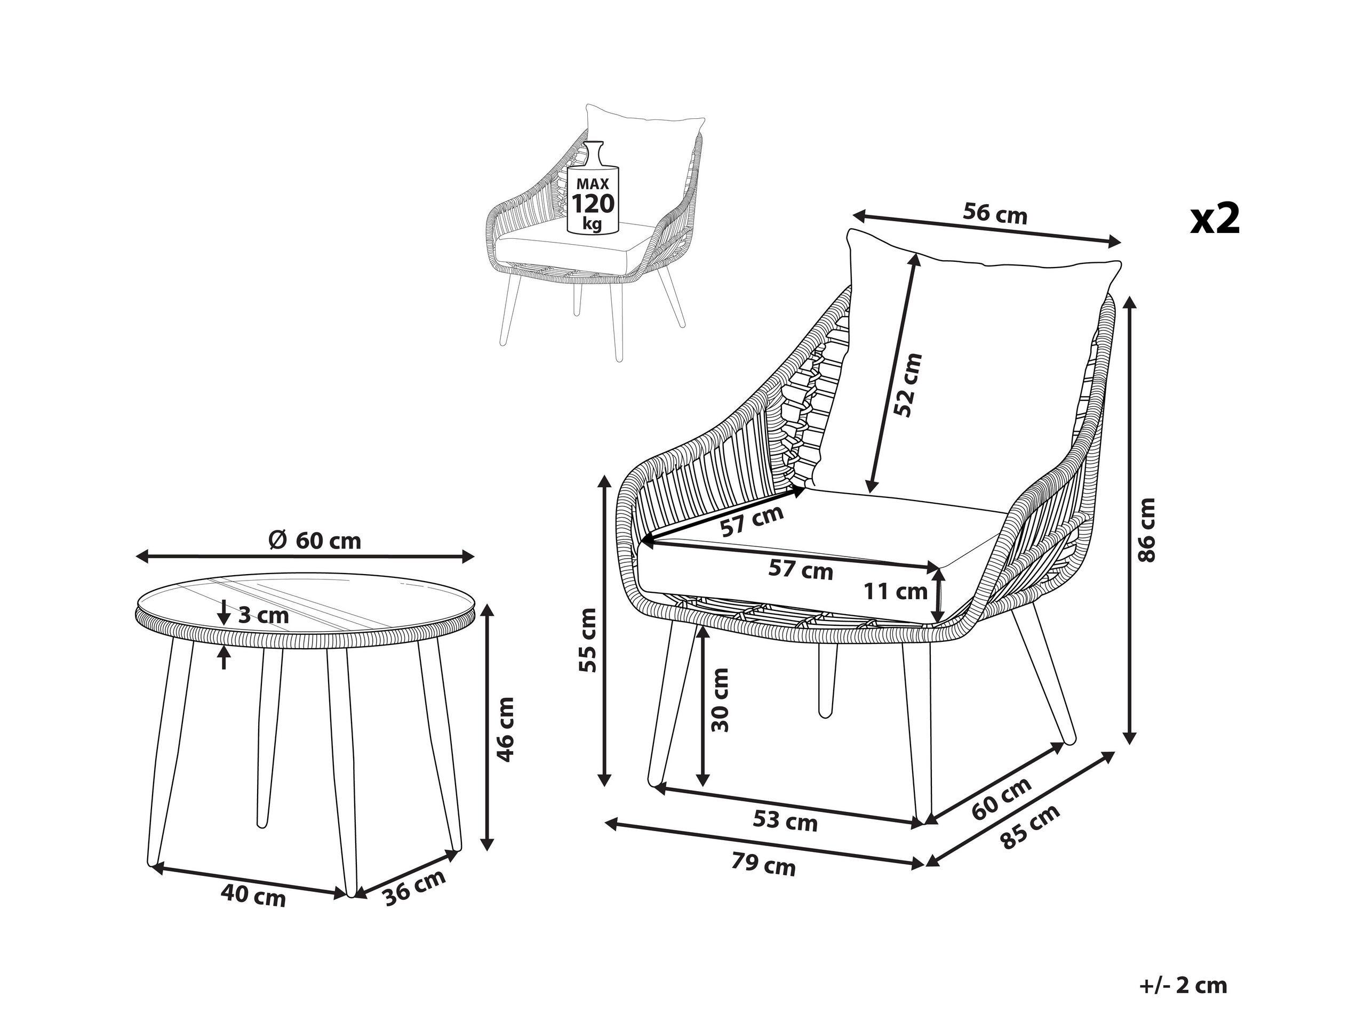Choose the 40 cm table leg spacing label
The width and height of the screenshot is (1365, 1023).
point(253,896)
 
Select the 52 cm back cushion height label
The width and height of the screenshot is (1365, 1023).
point(908,385)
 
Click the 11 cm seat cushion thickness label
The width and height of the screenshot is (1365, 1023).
point(895,592)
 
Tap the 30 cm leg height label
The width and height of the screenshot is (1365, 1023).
point(720,699)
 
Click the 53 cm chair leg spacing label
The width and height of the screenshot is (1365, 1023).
point(785,821)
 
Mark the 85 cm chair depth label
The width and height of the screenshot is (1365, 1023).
point(1031,827)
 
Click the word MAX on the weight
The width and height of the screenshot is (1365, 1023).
point(593,183)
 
